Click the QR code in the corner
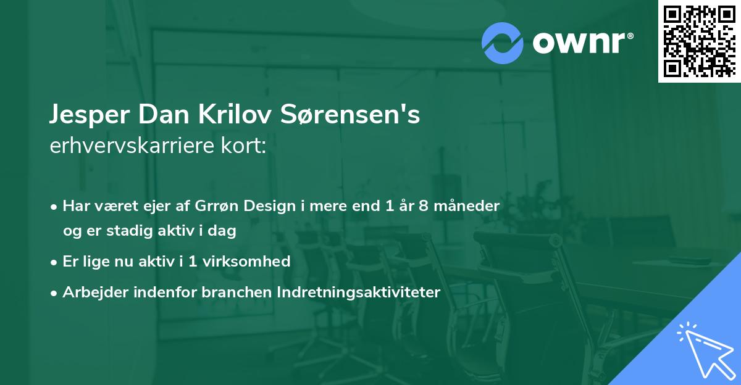(699, 41)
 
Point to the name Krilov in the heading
(232, 115)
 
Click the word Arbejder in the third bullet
(91, 292)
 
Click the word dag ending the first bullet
(225, 231)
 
